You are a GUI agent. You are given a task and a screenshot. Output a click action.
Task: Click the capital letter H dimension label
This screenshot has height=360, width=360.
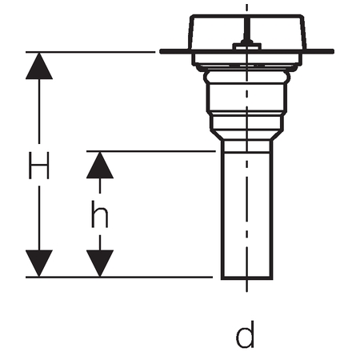click(39, 166)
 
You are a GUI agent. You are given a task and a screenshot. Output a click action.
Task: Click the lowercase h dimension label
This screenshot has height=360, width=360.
click(100, 214)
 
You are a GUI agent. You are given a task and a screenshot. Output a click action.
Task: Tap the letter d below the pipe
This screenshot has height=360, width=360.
click(245, 334)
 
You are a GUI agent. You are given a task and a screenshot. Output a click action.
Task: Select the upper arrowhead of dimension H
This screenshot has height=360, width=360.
click(39, 66)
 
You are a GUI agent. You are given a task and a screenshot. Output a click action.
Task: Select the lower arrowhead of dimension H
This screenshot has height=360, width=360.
click(39, 263)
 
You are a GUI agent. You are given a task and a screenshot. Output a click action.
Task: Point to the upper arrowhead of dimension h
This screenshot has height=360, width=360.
click(100, 165)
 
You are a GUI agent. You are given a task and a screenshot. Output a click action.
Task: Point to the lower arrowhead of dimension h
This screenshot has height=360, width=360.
click(100, 263)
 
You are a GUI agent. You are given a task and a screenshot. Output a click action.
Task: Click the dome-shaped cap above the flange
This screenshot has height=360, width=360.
click(246, 32)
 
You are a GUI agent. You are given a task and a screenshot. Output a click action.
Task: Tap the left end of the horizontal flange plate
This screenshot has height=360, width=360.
click(161, 51)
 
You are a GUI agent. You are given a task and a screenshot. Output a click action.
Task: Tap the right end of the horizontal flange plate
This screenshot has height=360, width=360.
click(333, 51)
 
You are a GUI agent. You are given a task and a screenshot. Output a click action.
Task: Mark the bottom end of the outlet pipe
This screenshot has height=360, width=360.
click(246, 278)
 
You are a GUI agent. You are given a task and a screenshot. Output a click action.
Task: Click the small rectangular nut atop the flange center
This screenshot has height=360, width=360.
click(247, 46)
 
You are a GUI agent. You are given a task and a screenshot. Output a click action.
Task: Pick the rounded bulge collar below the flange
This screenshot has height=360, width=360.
click(246, 77)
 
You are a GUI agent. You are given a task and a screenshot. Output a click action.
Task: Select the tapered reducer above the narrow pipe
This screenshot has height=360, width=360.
click(246, 135)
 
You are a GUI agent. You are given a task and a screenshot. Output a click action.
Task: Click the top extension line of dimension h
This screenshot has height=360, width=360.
click(151, 151)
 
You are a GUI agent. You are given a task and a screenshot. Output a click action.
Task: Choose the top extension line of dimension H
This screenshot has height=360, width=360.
click(90, 52)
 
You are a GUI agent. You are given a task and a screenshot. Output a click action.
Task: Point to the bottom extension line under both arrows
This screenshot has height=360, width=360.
click(119, 278)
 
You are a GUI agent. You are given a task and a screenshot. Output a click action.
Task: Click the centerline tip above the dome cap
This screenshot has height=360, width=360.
click(246, 5)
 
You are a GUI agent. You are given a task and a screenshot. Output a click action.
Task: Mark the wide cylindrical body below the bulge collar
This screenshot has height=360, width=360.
click(246, 98)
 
